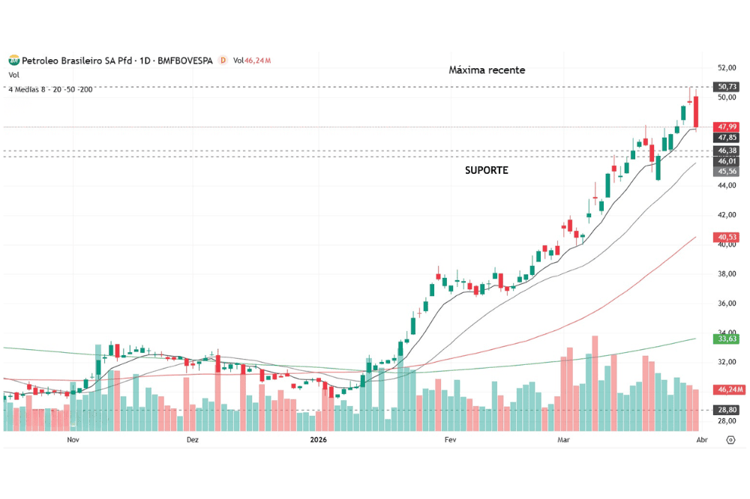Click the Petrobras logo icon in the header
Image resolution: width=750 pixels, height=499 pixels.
click(13, 60)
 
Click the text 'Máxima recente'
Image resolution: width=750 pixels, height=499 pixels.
click(487, 70)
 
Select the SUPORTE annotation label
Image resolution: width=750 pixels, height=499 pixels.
click(486, 170)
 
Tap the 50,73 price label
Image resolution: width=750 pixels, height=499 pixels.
click(727, 87)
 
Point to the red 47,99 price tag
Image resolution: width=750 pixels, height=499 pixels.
click(727, 127)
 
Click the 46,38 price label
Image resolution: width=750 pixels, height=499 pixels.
click(727, 151)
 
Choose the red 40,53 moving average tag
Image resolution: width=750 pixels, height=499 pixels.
click(727, 238)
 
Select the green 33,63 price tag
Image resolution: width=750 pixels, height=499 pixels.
click(727, 339)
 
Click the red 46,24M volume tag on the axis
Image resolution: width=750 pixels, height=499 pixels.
click(730, 390)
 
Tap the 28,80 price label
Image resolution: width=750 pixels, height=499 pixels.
click(727, 411)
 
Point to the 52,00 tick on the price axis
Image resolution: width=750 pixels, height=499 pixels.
click(726, 67)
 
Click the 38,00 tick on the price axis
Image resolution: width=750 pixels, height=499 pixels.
click(726, 274)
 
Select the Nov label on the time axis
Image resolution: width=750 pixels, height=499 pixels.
click(73, 440)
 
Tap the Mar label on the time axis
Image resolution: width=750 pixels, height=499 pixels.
click(562, 440)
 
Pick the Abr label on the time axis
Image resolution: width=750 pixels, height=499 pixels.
click(702, 440)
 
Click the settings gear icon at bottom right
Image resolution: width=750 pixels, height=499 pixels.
click(730, 440)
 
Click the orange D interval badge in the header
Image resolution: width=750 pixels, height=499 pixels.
click(222, 60)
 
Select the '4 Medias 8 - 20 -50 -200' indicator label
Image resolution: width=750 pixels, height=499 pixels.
click(50, 90)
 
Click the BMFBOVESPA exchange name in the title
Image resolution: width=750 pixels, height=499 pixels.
click(185, 60)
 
